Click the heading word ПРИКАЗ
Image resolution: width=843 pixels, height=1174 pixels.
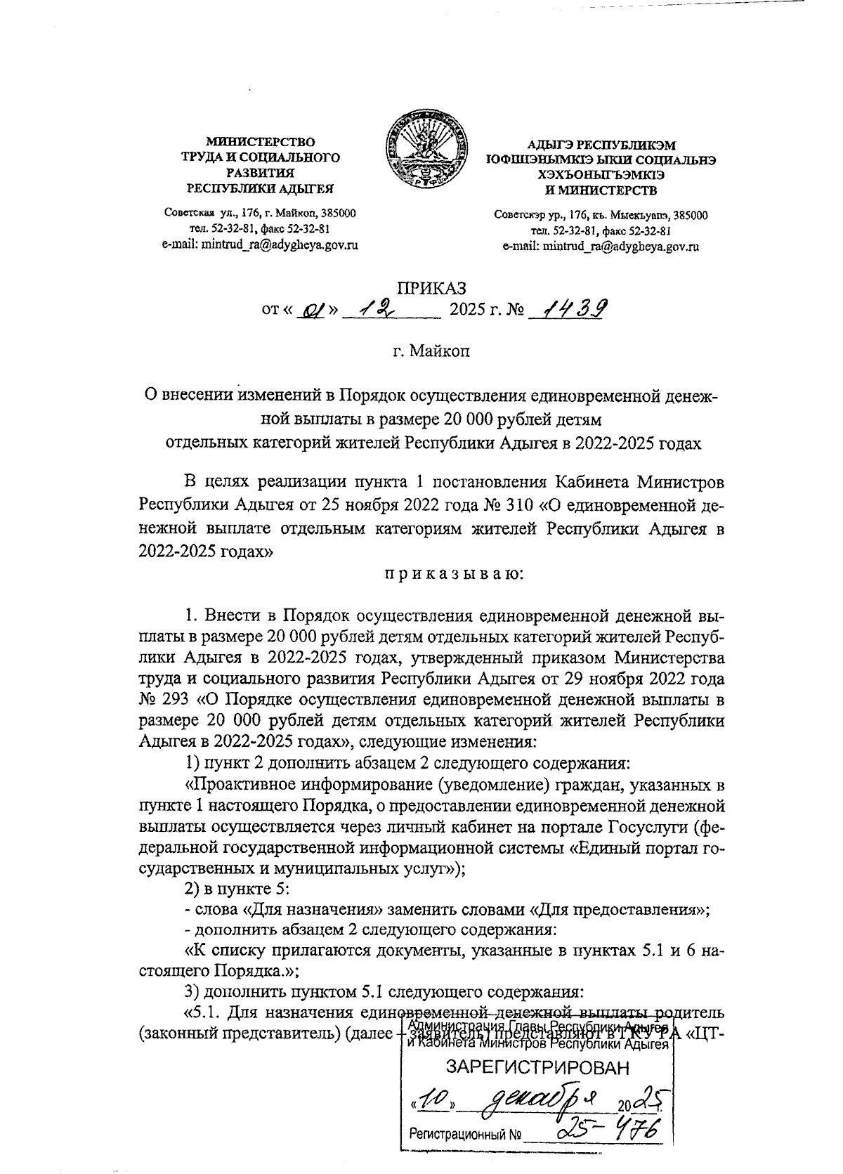pyautogui.click(x=431, y=287)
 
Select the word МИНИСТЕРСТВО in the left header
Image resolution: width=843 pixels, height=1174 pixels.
pyautogui.click(x=259, y=143)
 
